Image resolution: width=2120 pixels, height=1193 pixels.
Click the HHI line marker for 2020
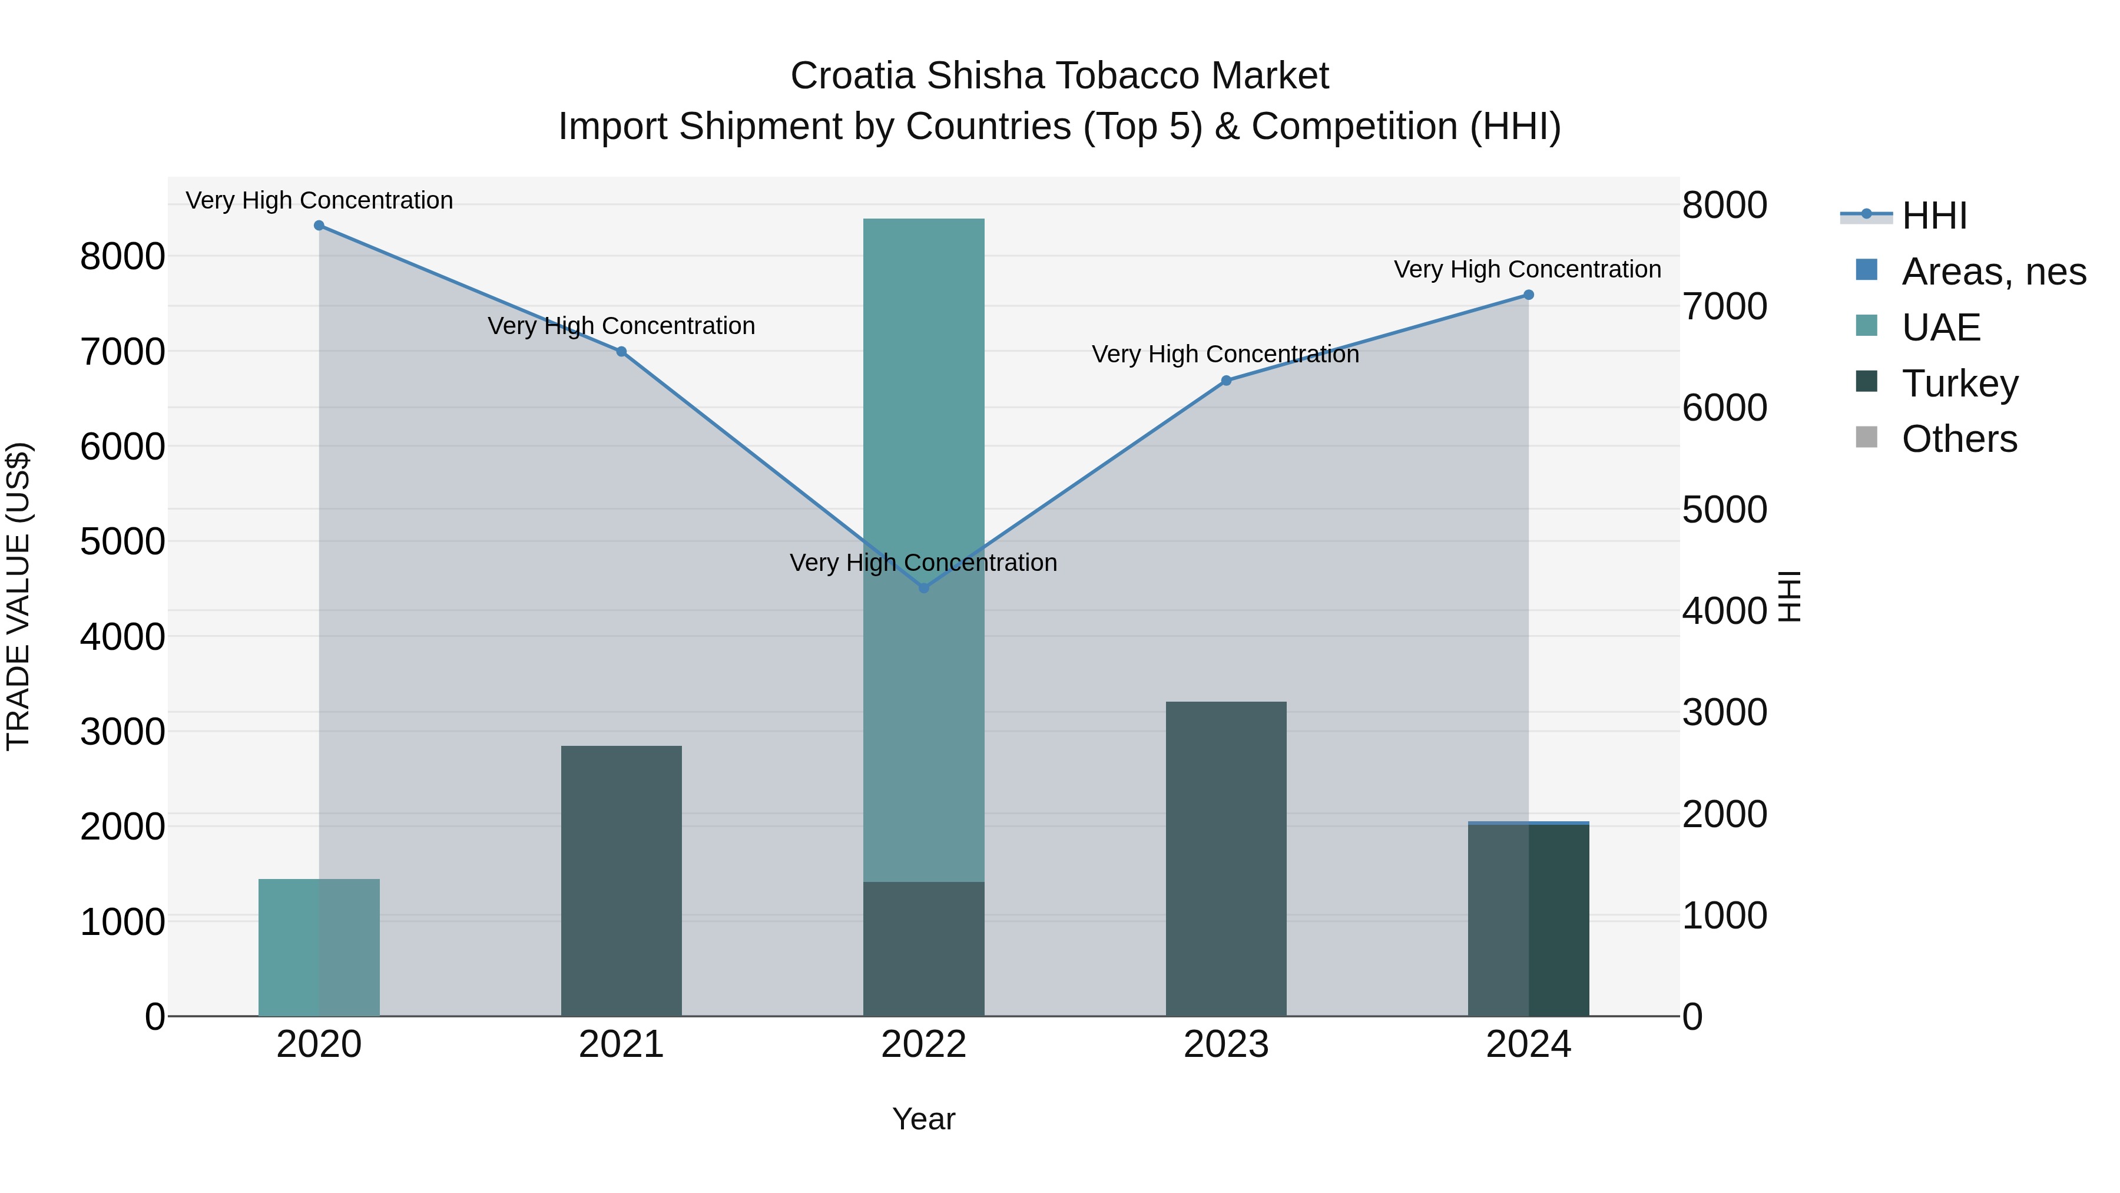[319, 226]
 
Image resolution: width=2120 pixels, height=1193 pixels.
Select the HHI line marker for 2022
[923, 588]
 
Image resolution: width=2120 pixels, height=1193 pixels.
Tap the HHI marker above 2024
[1528, 295]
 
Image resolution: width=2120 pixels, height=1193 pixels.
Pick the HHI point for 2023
[1226, 381]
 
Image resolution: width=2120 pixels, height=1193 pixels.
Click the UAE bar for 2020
[319, 947]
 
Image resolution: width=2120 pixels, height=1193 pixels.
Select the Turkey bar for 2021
[621, 881]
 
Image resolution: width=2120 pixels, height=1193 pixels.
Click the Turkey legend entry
[1959, 384]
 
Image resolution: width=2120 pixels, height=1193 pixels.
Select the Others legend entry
[1959, 439]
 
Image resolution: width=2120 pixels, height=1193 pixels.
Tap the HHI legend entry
[1934, 216]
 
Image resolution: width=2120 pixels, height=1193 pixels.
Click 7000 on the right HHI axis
[1724, 306]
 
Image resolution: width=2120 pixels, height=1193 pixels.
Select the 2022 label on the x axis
[923, 1045]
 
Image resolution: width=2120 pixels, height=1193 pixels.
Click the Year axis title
[923, 1119]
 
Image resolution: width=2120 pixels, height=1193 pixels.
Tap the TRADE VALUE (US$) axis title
[18, 596]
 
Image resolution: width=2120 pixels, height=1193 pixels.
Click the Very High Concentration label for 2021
[621, 326]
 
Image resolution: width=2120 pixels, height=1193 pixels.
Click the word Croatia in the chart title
[853, 76]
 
